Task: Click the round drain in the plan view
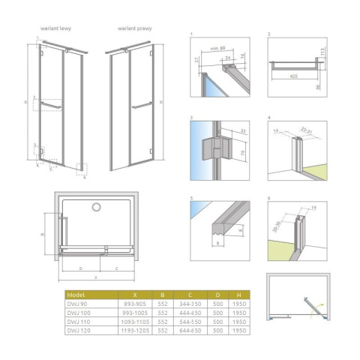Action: (x=95, y=207)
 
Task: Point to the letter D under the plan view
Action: (x=81, y=267)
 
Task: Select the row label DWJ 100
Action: (x=76, y=313)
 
